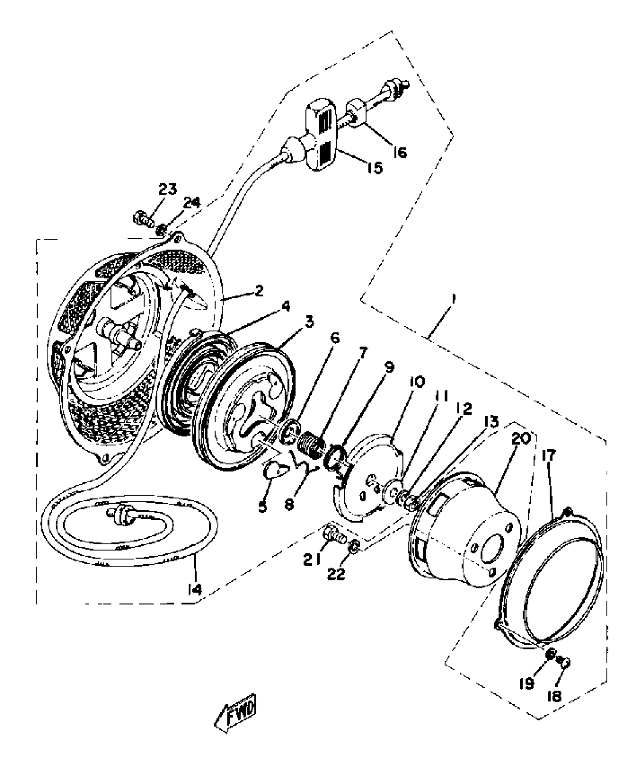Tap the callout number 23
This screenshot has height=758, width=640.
pyautogui.click(x=167, y=190)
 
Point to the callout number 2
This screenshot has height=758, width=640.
pyautogui.click(x=259, y=291)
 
